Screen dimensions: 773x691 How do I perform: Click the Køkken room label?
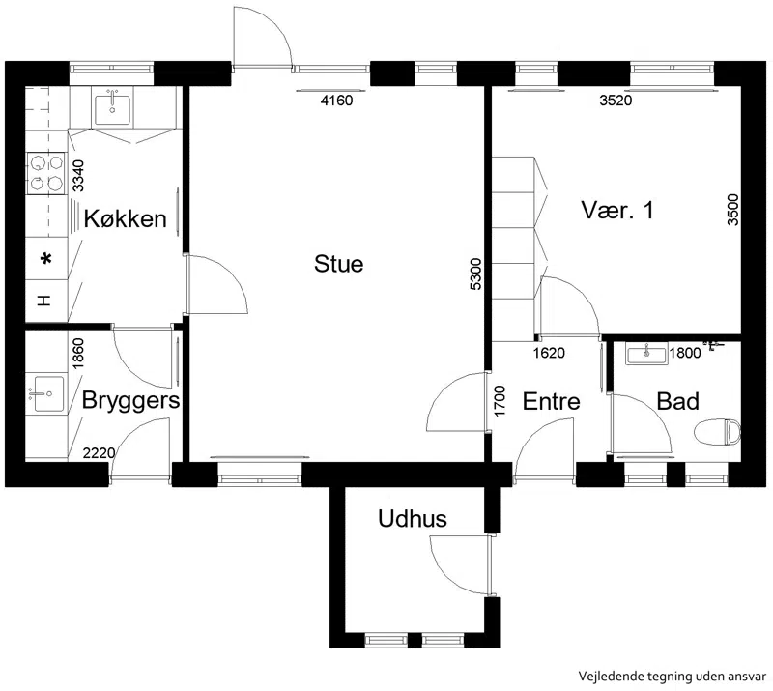pos(126,218)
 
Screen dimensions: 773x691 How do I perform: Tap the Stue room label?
pos(339,264)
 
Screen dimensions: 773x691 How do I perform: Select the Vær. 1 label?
pos(617,210)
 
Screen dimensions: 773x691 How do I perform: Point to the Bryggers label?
pos(130,400)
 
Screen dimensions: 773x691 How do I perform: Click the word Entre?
pos(551,401)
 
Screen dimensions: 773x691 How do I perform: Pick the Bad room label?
pos(678,401)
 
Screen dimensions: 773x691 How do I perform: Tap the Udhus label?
pos(413,519)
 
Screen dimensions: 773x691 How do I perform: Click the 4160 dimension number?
pos(336,101)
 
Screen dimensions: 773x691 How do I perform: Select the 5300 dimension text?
pos(475,274)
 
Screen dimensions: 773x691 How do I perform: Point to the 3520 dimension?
pos(616,101)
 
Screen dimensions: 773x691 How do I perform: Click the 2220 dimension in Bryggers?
pos(100,453)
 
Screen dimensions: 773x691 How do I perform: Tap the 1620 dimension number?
pos(549,353)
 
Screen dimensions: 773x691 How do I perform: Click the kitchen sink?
pos(112,109)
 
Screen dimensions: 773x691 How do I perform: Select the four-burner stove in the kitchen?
pos(45,173)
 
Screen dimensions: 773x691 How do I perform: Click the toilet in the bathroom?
pos(717,432)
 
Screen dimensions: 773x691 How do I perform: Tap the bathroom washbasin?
pos(646,353)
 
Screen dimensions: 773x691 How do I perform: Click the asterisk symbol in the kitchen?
pos(46,258)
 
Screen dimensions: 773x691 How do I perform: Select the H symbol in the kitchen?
pos(44,301)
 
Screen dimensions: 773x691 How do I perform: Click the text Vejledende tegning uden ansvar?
pos(673,677)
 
